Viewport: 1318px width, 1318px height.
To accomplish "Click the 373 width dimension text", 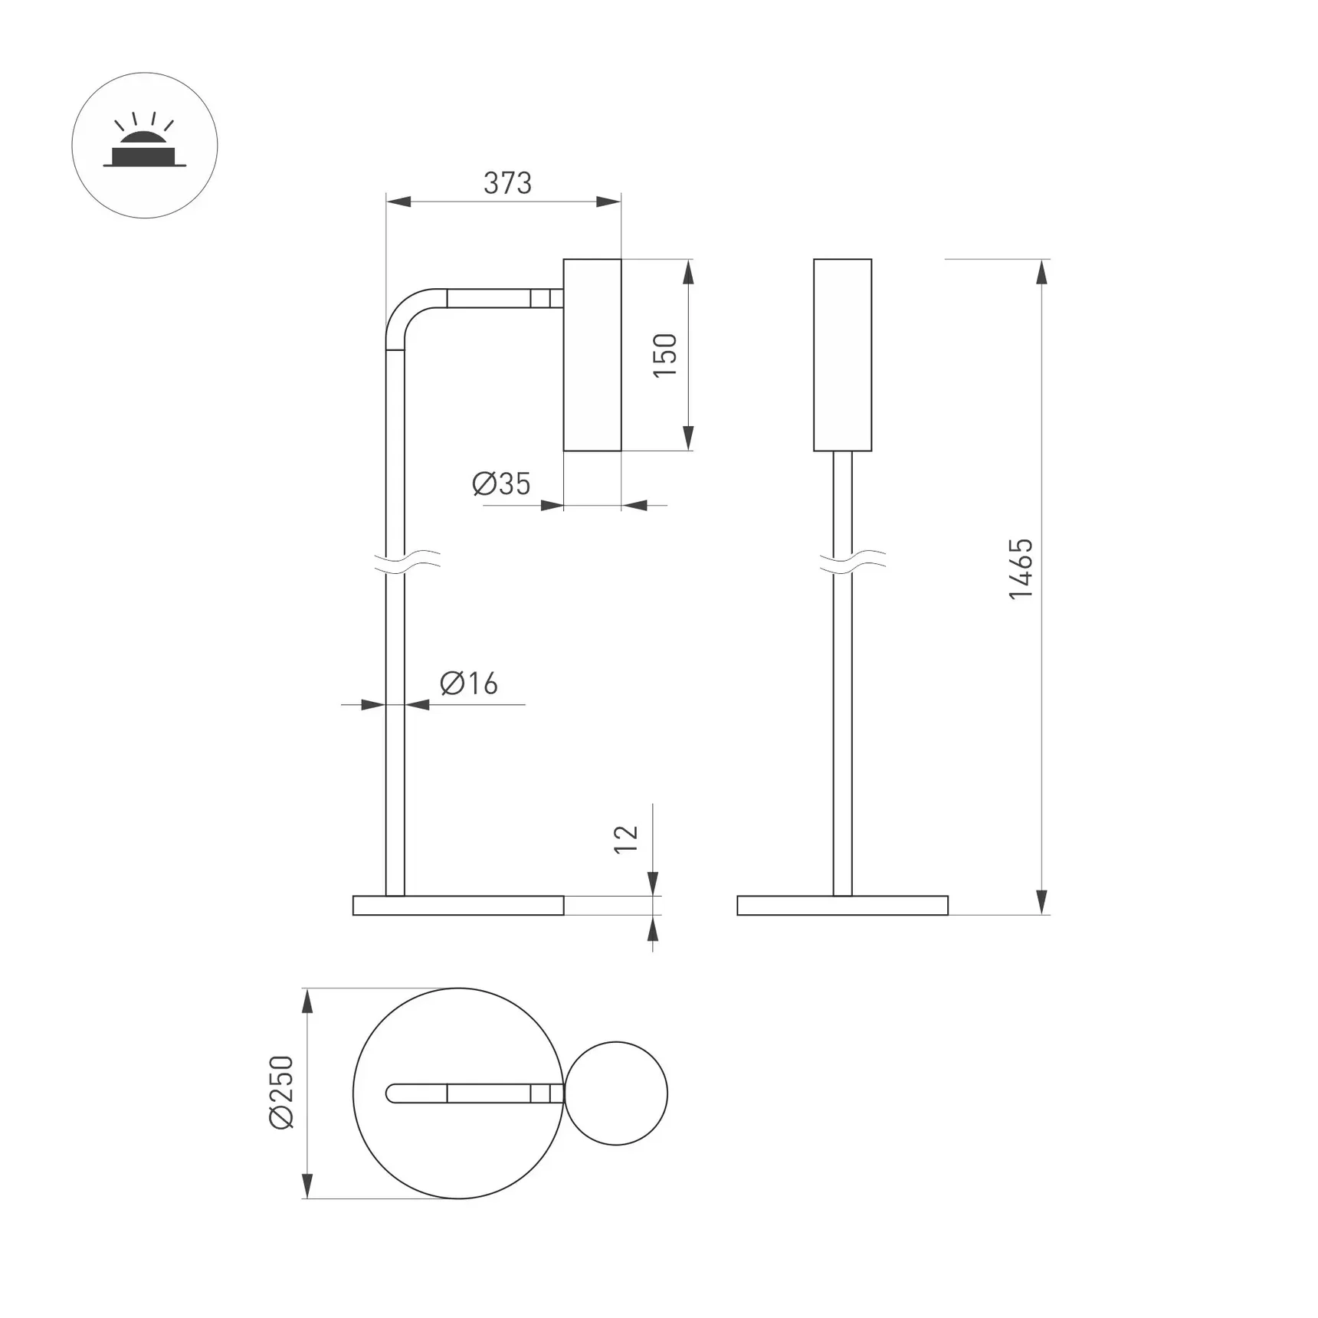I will tap(507, 183).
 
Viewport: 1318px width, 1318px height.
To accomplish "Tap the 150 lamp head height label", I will tap(665, 355).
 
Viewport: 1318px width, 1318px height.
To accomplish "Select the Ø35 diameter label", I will tap(501, 484).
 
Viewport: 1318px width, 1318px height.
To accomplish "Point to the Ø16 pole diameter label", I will tap(469, 683).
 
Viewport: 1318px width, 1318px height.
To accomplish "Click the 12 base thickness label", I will tap(626, 839).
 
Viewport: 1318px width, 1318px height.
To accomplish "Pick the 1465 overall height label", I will tap(1021, 569).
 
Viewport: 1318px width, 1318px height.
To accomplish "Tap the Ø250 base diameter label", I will tap(282, 1092).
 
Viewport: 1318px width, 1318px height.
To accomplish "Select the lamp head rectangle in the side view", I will tap(592, 355).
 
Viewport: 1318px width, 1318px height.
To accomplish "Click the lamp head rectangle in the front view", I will tap(842, 355).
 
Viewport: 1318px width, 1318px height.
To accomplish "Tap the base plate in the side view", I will tap(458, 905).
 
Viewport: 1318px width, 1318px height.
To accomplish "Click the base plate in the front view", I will tap(842, 905).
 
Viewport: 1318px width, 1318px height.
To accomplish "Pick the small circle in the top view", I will tap(616, 1093).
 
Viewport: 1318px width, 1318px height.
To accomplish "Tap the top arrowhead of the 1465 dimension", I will tap(1041, 272).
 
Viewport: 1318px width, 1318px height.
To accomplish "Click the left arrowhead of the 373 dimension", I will tap(398, 202).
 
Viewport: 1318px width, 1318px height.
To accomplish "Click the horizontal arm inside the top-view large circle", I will tap(475, 1093).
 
